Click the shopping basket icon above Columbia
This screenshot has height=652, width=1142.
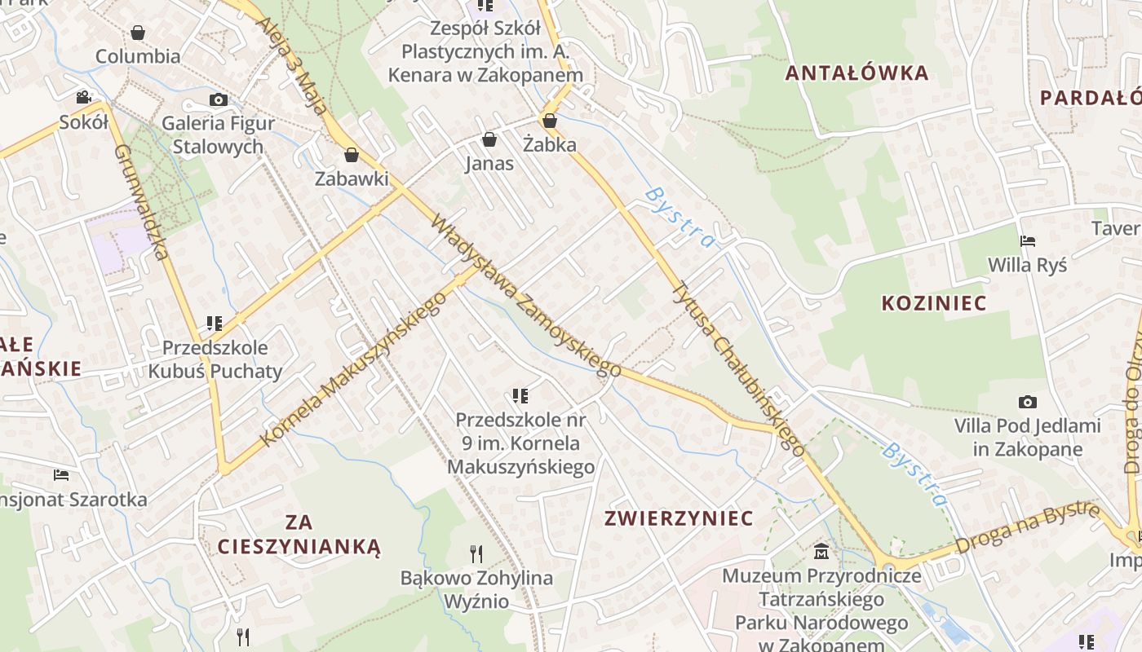click(x=138, y=33)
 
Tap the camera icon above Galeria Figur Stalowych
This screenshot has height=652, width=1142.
click(x=218, y=99)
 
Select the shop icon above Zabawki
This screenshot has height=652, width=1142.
click(x=352, y=155)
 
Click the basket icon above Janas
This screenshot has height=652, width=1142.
click(x=489, y=140)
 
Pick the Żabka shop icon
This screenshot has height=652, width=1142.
click(x=550, y=121)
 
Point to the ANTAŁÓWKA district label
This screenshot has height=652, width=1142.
click(x=856, y=73)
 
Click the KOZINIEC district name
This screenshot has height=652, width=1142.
click(x=934, y=303)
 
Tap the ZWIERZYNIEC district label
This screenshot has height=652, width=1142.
click(x=679, y=518)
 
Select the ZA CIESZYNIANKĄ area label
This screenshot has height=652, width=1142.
click(x=299, y=534)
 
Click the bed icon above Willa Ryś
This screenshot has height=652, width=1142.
click(x=1028, y=241)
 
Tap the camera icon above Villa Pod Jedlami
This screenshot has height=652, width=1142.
click(x=1028, y=402)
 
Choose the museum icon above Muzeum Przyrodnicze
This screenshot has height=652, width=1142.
click(x=821, y=552)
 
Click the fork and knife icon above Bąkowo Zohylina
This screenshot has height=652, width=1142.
click(x=476, y=554)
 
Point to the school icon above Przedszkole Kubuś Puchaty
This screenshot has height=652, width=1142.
click(x=215, y=324)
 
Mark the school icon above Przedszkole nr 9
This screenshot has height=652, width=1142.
click(x=520, y=396)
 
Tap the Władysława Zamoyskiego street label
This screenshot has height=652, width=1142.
click(x=526, y=297)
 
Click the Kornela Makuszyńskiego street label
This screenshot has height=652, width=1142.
click(x=354, y=369)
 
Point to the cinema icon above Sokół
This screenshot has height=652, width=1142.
click(x=83, y=98)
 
